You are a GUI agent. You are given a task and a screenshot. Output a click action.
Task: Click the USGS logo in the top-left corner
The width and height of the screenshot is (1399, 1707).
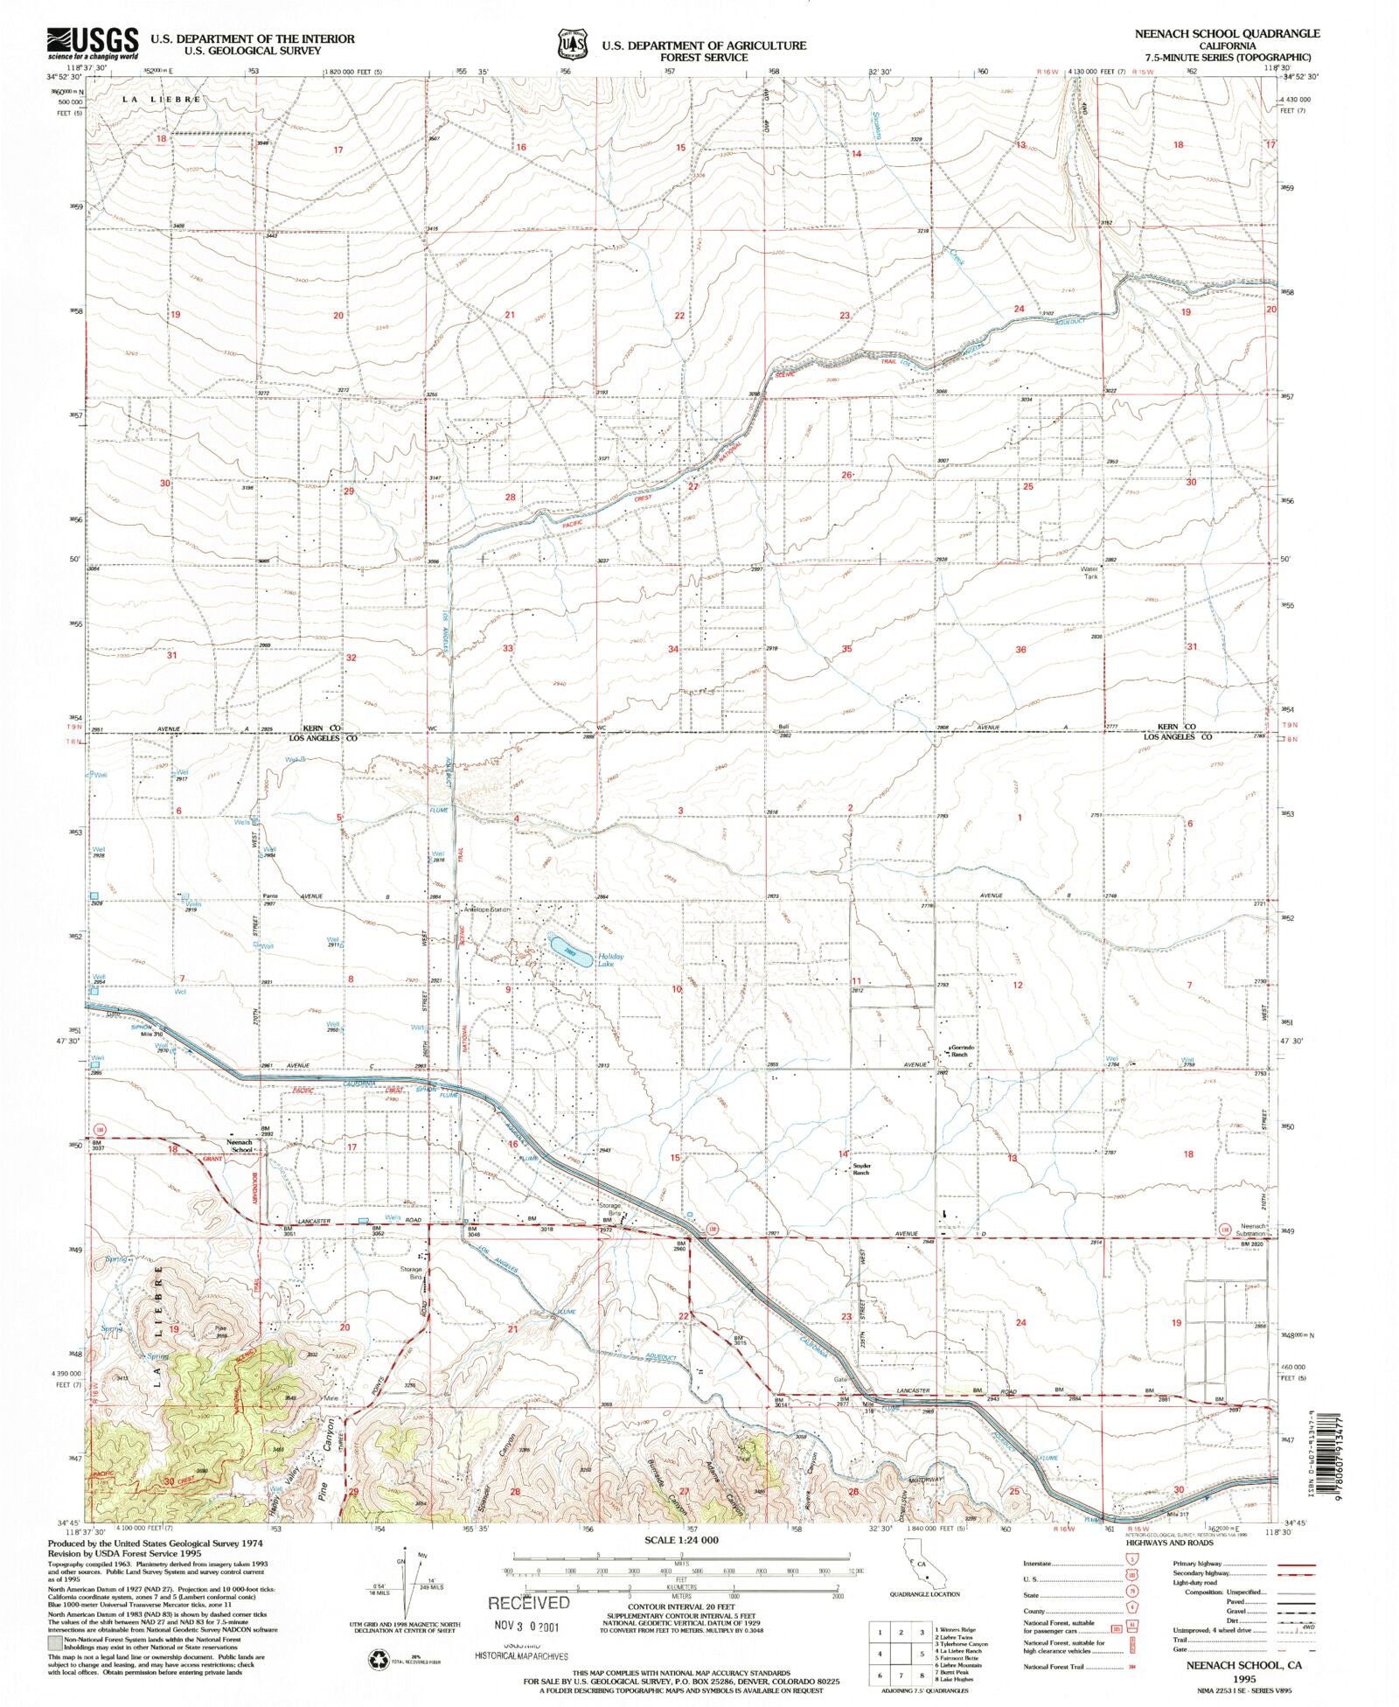pos(93,42)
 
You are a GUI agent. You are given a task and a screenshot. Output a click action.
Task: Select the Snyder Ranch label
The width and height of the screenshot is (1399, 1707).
pos(863,1169)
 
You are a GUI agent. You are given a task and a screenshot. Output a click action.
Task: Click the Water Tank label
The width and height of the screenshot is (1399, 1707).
pos(1091,572)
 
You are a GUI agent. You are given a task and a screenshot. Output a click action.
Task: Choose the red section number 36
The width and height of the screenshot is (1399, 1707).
pos(1020,650)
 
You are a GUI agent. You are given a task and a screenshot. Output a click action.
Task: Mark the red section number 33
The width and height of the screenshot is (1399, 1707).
pos(507,648)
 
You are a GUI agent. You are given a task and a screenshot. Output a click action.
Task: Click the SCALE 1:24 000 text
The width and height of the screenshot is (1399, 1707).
pos(681,1540)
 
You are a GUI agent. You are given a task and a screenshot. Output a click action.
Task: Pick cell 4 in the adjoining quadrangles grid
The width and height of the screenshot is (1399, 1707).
pos(880,1654)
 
